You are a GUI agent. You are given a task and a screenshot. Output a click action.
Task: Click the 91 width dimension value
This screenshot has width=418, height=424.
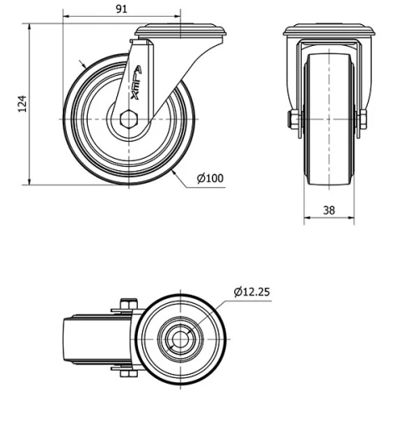[121, 9]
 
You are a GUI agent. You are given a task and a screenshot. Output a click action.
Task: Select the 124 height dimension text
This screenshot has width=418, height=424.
[23, 103]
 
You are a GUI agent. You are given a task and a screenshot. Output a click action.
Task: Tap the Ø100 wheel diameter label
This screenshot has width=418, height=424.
[210, 178]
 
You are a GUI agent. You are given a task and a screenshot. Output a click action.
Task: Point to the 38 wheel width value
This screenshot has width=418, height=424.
[329, 210]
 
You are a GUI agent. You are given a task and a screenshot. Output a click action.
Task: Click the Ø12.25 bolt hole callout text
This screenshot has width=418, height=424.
[252, 291]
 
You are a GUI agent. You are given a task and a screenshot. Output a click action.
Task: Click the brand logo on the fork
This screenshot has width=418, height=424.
[137, 83]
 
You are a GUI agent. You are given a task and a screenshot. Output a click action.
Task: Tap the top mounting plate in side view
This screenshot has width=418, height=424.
[179, 30]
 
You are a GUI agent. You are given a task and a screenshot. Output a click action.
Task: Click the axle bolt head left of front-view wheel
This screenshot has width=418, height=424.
[293, 123]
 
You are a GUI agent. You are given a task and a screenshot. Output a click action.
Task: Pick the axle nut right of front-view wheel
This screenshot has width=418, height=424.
[363, 123]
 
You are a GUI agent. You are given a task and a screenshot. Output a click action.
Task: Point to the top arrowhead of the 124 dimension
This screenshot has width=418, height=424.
[30, 26]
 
